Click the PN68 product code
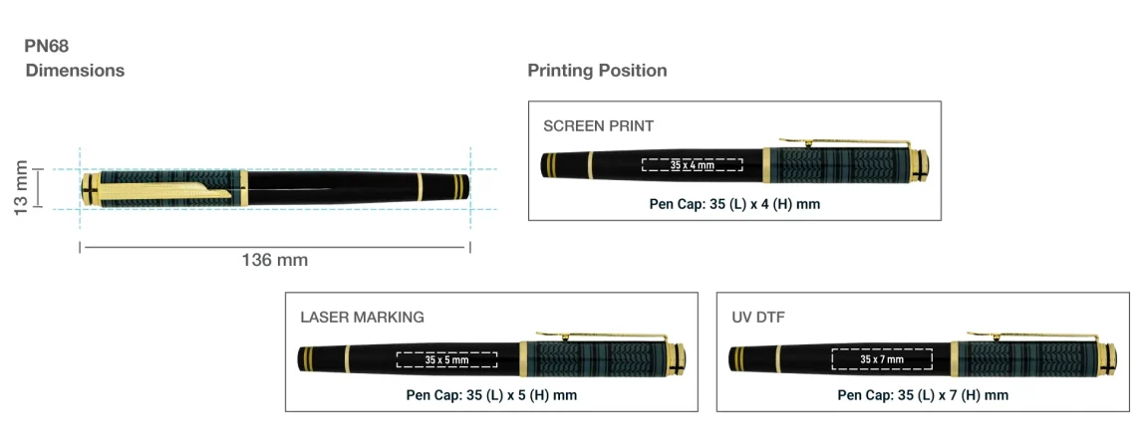coord(47,47)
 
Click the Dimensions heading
coord(75,71)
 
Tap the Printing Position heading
coord(597,71)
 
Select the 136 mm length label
coord(275,260)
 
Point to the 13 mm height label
coord(21,188)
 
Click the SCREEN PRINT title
coord(599,126)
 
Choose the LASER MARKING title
coord(363,317)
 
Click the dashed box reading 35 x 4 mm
coord(692,165)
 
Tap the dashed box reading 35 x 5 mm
coord(446,359)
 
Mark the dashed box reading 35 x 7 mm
coord(882,359)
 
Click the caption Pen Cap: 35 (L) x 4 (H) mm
coord(734,204)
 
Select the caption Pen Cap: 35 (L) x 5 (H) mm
coord(491,395)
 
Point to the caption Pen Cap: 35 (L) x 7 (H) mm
coord(923,395)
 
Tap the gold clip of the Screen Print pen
coord(844,142)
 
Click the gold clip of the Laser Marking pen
coord(600,335)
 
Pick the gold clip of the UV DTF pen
coord(1031,335)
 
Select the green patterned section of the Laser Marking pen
coord(600,359)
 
